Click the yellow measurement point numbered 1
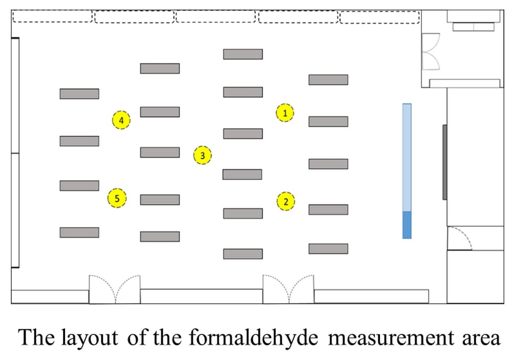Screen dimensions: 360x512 (285, 113)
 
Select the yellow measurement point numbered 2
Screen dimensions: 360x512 (286, 201)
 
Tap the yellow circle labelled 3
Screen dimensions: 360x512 (203, 155)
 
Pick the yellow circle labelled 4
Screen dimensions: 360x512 (121, 120)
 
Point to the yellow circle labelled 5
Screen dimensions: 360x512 (117, 198)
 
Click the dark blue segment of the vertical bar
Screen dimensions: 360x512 (407, 225)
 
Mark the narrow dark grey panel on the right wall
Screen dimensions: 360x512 (444, 162)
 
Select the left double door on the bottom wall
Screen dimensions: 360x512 (115, 289)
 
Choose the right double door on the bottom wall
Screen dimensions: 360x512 (288, 289)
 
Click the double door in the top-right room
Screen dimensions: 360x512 (430, 52)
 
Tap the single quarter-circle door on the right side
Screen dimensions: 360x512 (459, 239)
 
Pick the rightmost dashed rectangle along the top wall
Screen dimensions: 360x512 (379, 17)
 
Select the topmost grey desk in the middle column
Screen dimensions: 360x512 (243, 54)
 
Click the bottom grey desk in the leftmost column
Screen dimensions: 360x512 (79, 232)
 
